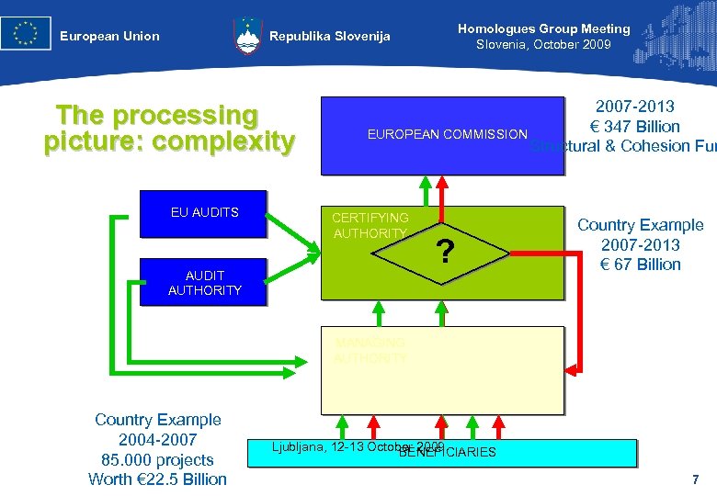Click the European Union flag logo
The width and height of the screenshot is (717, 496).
pos(26,34)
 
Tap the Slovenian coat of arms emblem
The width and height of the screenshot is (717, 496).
pos(247,36)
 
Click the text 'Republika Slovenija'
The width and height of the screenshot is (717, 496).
pos(329,37)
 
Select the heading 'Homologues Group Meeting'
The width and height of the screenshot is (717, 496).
pos(543,28)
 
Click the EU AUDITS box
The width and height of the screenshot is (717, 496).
pos(204,213)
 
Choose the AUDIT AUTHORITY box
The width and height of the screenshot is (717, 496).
pos(204,283)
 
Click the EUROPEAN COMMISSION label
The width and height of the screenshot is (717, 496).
pos(447,134)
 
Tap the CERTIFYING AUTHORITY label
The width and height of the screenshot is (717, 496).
pos(370,226)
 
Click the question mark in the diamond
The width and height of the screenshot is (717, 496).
pos(445,252)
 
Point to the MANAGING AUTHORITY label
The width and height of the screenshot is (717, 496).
pos(370,351)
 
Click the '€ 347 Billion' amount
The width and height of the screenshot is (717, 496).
pos(635,127)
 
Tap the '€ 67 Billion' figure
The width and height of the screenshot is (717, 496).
pos(640,265)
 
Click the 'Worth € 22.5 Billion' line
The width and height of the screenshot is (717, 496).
pos(157,479)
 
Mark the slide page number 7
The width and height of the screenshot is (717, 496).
pos(695,479)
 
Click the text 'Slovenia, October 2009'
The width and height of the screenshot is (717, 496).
pos(543,45)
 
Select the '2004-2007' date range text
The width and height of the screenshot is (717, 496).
pos(158,440)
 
